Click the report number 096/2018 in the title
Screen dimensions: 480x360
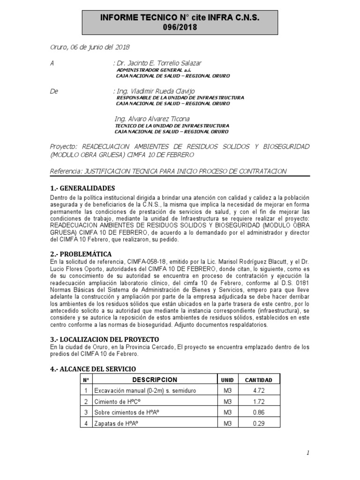pos(180,27)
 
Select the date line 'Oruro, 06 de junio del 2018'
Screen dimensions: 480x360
pos(90,47)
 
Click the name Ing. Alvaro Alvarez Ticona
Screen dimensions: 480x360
pos(152,119)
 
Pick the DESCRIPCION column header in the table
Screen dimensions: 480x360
pos(155,380)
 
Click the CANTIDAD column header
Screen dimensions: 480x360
pos(259,380)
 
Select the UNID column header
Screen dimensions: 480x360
pos(227,380)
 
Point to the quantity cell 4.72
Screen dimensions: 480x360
pos(259,390)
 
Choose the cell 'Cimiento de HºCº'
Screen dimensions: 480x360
pos(120,402)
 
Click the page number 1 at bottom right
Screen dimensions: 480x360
pos(308,453)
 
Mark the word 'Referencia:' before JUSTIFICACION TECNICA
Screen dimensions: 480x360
pos(65,172)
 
